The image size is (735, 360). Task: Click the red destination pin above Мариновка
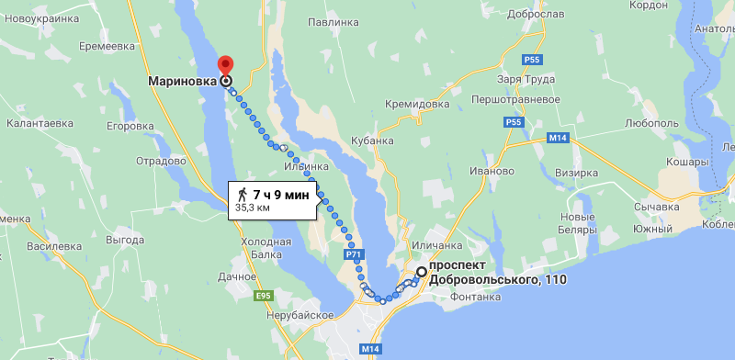pos(225,66)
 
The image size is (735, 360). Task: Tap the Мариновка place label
pos(183,81)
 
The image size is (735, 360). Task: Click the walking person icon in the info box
pos(242,194)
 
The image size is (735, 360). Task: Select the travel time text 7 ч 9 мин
pos(280,194)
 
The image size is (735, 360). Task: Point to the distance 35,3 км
pos(253,208)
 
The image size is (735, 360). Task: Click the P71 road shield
pos(354,254)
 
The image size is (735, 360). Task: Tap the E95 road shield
pos(264,296)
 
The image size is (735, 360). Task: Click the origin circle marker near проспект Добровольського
pos(421,271)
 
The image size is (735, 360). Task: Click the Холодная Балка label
pos(266,247)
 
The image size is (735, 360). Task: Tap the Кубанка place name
pos(372,141)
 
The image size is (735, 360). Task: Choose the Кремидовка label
pos(417,104)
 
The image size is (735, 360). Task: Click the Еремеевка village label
pos(107,46)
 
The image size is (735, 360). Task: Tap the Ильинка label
pos(306,166)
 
